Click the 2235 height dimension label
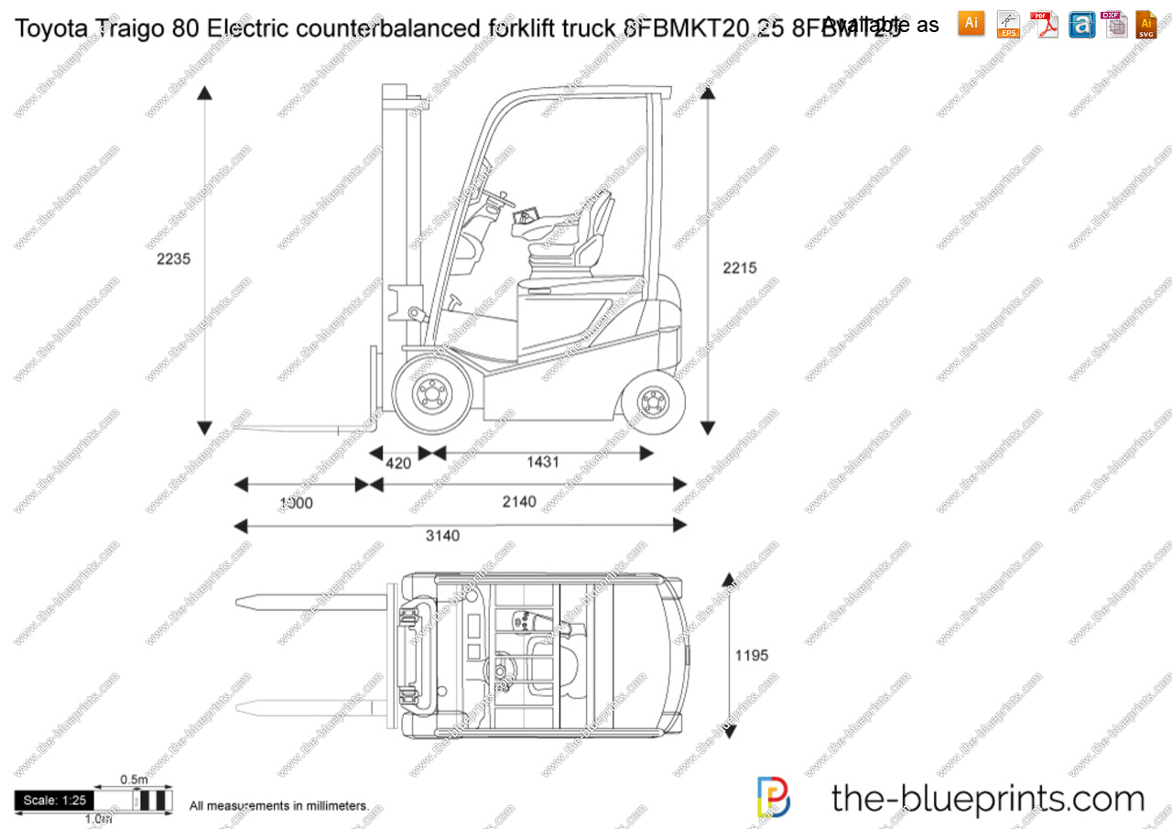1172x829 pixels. (173, 259)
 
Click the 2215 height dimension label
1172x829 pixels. (739, 268)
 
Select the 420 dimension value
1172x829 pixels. (397, 464)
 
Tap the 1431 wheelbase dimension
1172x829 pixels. (542, 463)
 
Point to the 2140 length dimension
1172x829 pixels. (519, 502)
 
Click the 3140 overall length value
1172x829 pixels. (442, 536)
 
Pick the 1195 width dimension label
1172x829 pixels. (752, 655)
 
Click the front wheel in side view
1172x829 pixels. (430, 395)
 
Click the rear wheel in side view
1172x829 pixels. (653, 400)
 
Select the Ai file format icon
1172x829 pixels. (971, 24)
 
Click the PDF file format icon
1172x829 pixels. (1043, 25)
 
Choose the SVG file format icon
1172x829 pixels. (1146, 25)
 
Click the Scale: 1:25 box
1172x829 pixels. (53, 801)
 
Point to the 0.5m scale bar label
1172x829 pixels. (134, 780)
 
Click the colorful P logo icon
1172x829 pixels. (774, 797)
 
